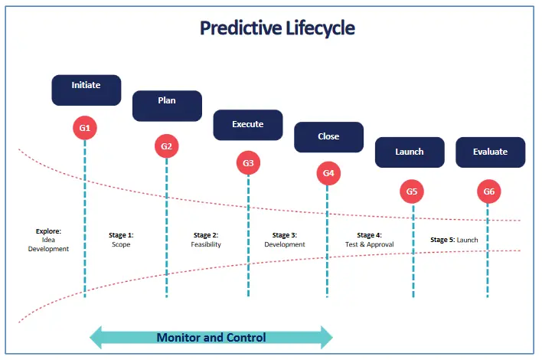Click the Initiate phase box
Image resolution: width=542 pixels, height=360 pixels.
pos(87,90)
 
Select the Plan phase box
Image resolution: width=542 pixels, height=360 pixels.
pos(168,106)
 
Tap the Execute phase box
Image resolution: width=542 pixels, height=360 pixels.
pos(248,125)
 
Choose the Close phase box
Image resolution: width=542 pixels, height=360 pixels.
pos(328,137)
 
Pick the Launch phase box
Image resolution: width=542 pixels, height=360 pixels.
pos(410,152)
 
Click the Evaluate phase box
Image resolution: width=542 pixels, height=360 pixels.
pos(491,152)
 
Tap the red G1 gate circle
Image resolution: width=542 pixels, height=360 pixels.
pos(85,128)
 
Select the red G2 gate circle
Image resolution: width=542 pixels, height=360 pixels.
pos(167,146)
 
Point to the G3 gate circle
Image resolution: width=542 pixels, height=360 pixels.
pos(248,163)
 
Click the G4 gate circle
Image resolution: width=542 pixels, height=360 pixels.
pos(328,173)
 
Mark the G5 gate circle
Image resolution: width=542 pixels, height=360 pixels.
pos(412,191)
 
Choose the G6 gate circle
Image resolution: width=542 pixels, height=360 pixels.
pos(488,191)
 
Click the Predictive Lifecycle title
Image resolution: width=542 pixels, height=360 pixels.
pos(277,28)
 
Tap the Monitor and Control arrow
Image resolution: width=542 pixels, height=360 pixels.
pos(211,337)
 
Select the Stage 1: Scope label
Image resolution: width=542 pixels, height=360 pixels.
pos(121,240)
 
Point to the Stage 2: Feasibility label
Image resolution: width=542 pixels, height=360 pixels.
pos(206,240)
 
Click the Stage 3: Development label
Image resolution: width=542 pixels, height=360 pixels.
pos(285,240)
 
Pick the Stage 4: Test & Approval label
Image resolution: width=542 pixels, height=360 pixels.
pos(370,240)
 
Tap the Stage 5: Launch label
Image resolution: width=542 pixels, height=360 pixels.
pos(454,240)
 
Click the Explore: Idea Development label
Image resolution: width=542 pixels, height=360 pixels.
pos(48,240)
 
